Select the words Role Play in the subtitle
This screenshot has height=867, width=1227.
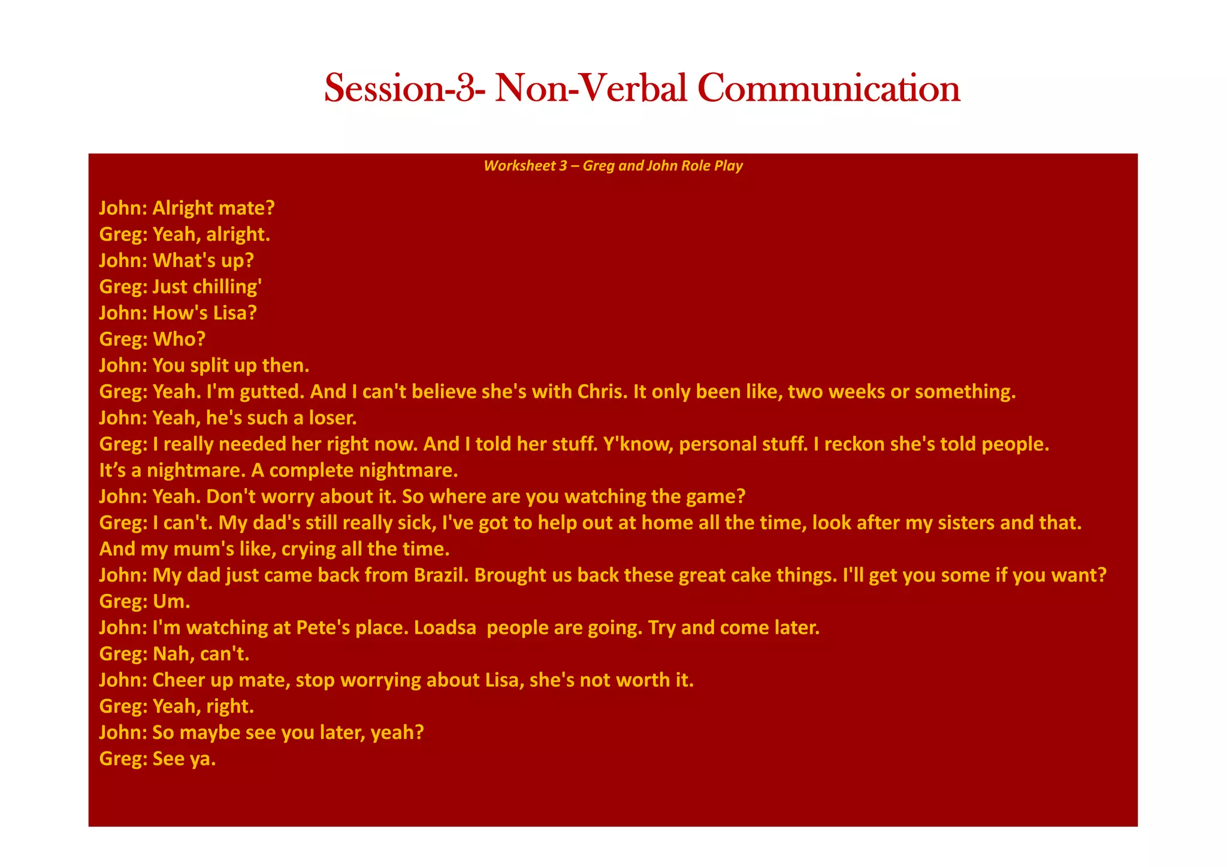click(714, 166)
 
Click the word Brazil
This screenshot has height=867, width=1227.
click(441, 575)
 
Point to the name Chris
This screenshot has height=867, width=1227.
click(602, 392)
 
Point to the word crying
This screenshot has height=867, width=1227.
click(308, 549)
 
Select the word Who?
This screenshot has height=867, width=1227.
click(179, 339)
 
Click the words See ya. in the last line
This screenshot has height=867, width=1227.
click(184, 759)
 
